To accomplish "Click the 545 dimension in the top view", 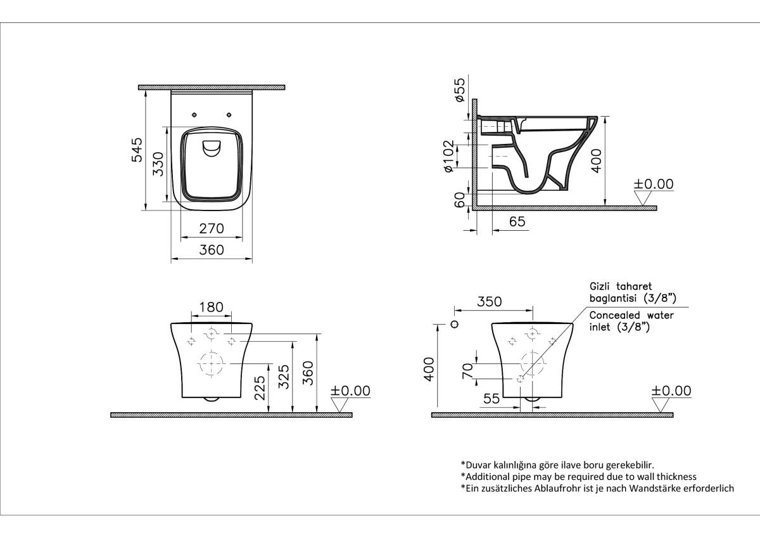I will click(137, 149).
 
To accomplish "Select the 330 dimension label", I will click(159, 163).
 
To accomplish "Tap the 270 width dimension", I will click(212, 228).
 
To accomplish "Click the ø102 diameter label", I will click(449, 156).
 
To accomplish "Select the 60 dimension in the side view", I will click(460, 200).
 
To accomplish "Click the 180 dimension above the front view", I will click(211, 307).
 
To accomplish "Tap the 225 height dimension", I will click(260, 387).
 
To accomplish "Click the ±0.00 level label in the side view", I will click(654, 184).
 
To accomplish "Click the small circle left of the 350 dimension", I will click(454, 325).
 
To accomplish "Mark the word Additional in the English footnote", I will click(488, 476).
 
